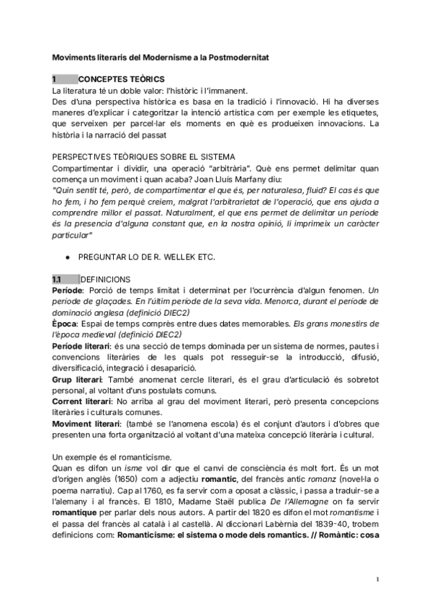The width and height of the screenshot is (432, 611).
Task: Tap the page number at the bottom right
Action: click(x=377, y=579)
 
